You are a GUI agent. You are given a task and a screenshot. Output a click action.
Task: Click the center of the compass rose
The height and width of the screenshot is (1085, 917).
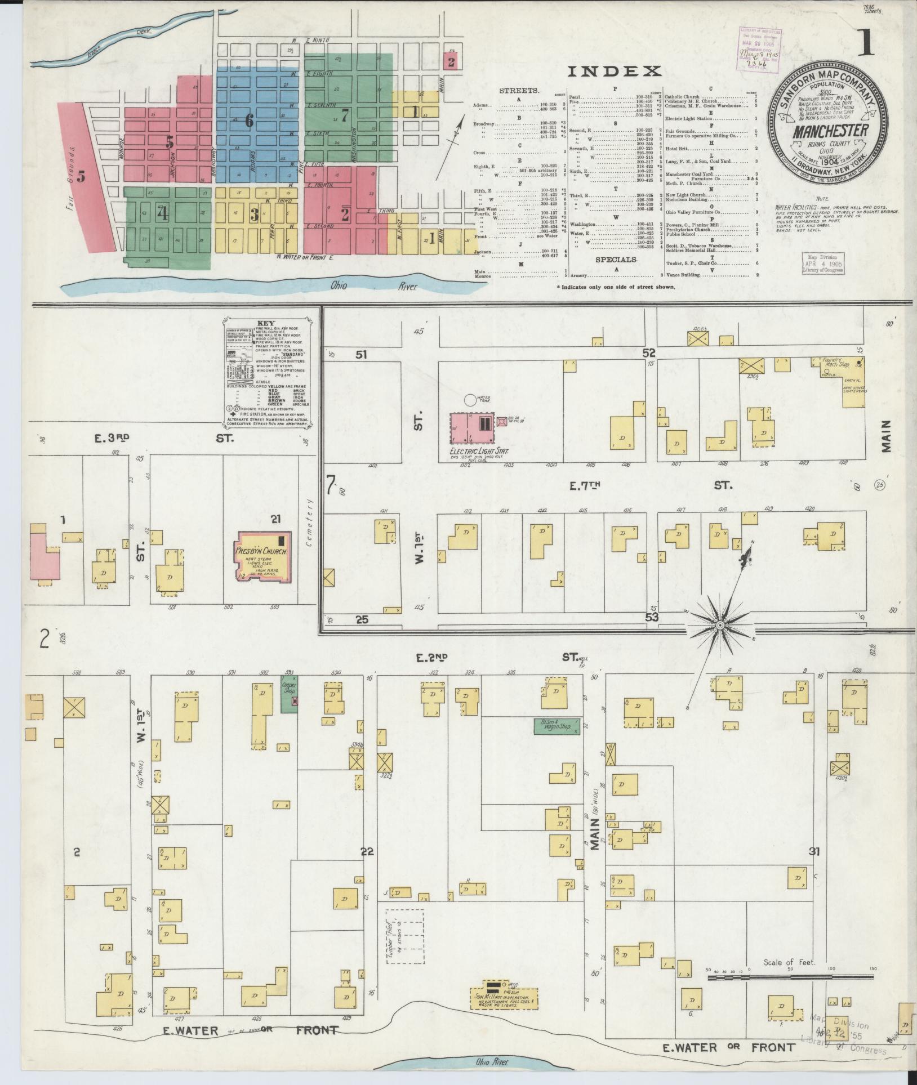click(x=720, y=626)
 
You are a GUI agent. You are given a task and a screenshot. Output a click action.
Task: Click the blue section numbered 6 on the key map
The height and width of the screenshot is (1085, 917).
click(x=249, y=120)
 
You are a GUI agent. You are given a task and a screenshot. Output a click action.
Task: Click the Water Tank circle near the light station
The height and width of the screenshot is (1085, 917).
click(x=469, y=400)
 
